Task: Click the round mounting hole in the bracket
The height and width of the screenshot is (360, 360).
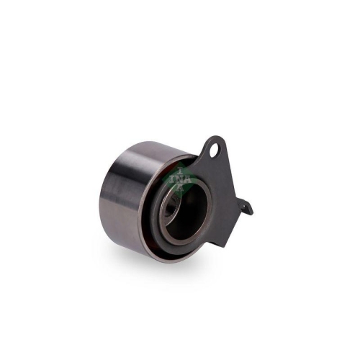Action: pyautogui.click(x=215, y=150)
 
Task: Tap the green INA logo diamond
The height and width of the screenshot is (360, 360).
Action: pyautogui.click(x=174, y=179)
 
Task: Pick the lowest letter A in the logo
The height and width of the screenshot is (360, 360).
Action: pyautogui.click(x=178, y=183)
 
